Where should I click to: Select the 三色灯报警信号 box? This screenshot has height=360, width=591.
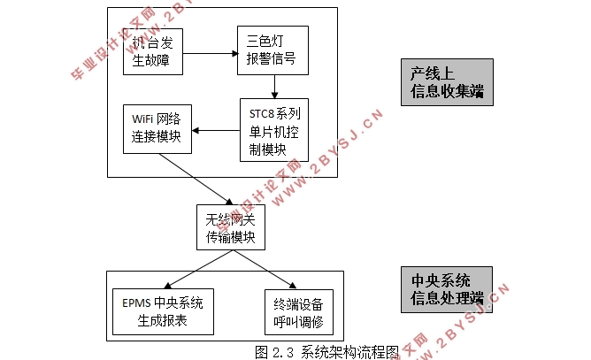click(271, 50)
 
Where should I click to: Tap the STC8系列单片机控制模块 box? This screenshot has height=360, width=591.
click(274, 130)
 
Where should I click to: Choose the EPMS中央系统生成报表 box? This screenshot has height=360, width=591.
click(164, 311)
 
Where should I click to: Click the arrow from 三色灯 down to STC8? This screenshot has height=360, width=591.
click(276, 86)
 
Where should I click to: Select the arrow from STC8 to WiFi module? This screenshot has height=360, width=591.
click(216, 131)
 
